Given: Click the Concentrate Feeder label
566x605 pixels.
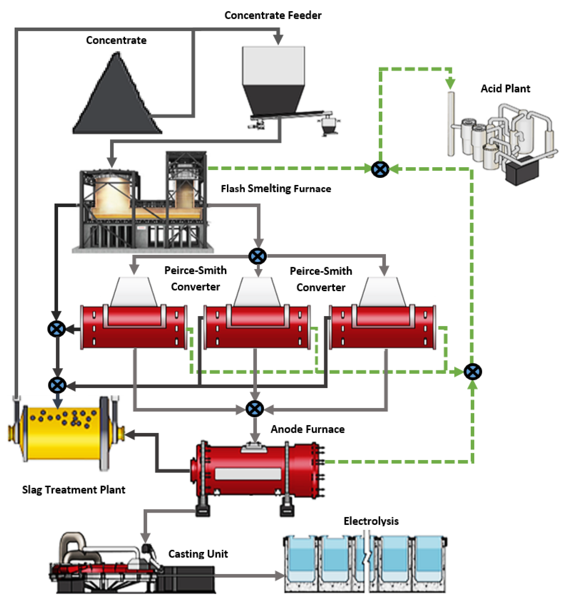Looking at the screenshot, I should point(273,15).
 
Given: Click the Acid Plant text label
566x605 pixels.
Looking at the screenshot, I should point(505,89).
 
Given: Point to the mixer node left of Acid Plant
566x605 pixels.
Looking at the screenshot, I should point(380,169).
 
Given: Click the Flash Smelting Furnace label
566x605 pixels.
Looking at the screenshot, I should point(276,189).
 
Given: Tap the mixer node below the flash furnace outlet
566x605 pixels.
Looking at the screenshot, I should point(258,256).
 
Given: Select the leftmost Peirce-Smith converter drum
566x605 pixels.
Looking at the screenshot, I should point(134,327).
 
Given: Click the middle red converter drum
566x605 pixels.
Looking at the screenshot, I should point(257,327).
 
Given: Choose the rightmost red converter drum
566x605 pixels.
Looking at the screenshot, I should point(383,327).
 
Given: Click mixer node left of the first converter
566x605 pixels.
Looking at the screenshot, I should point(57,329).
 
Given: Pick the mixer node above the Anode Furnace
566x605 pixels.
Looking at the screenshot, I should point(254,409).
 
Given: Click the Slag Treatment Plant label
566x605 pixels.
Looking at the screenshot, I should point(74,490).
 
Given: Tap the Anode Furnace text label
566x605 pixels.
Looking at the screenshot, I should point(308,429).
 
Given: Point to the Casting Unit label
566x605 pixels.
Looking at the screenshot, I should point(198,554).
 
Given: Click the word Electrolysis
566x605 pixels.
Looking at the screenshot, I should point(371,521).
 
